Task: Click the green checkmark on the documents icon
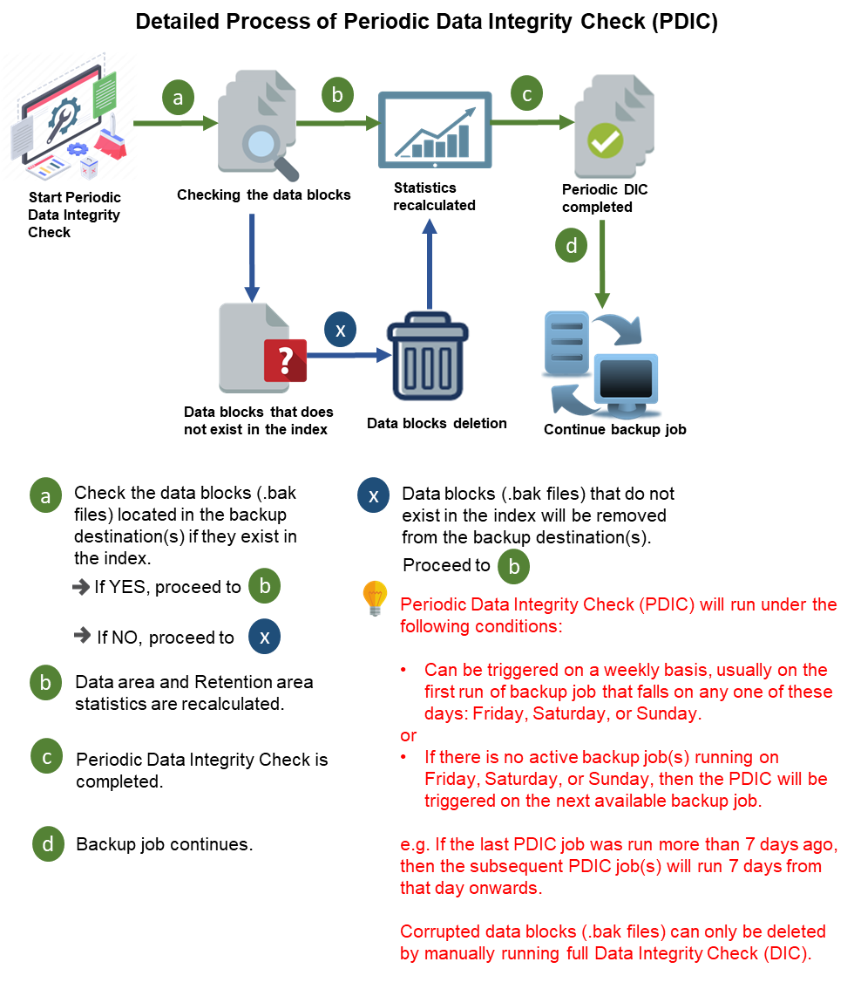click(x=605, y=140)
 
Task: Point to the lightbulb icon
click(x=374, y=597)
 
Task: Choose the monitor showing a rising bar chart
click(x=435, y=128)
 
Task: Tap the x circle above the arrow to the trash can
click(x=340, y=331)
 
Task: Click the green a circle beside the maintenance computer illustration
click(x=179, y=99)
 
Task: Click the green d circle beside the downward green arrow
click(x=572, y=246)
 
